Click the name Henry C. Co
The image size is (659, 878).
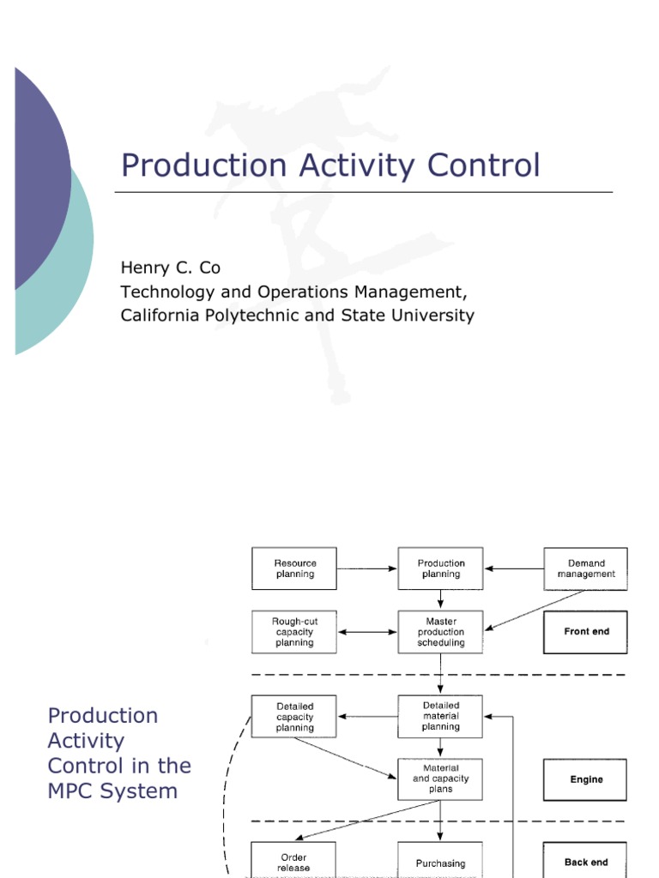tap(170, 268)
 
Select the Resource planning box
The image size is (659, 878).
tap(294, 568)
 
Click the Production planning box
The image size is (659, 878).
tap(441, 568)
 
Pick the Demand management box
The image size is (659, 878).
tap(585, 568)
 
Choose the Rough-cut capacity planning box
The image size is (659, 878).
tap(294, 632)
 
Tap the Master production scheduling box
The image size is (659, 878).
tap(441, 632)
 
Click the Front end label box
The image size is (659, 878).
tap(585, 632)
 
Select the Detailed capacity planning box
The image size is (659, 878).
tap(294, 717)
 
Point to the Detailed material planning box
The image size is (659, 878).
tap(441, 716)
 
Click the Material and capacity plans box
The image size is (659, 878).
tap(441, 779)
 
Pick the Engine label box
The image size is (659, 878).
tap(585, 780)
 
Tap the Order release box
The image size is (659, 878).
tap(294, 862)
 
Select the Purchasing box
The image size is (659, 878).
tap(441, 863)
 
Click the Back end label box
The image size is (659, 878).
tap(585, 862)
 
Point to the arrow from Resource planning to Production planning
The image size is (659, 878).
tap(367, 568)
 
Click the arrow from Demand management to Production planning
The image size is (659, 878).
tap(514, 568)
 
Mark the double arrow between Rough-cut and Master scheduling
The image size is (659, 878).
tap(367, 633)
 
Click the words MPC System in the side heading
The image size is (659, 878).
tap(112, 790)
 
